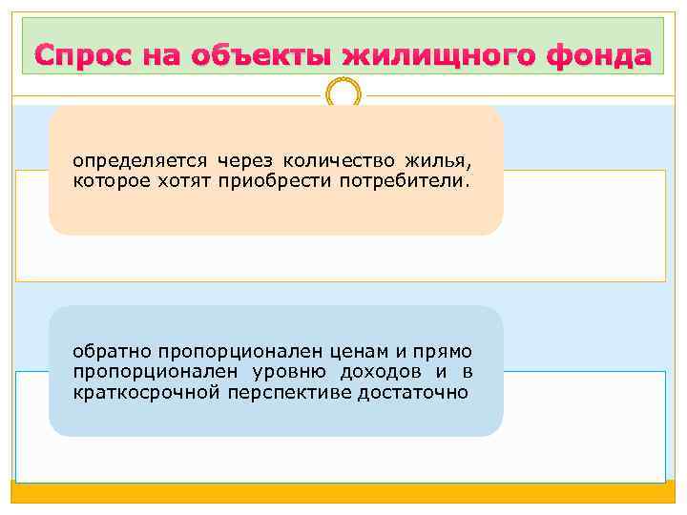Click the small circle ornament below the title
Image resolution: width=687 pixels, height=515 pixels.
click(x=343, y=93)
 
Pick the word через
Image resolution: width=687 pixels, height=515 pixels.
click(x=239, y=161)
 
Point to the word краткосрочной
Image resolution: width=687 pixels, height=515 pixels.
click(x=139, y=391)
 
